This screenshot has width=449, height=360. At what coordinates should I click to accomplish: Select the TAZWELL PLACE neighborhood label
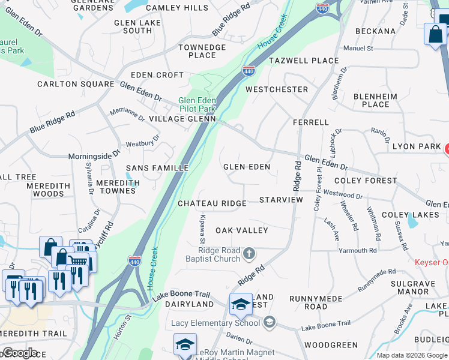304,61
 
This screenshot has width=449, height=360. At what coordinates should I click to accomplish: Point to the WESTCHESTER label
277,89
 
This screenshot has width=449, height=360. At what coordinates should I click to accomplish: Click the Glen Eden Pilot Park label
197,104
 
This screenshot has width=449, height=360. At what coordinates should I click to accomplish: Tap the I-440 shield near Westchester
249,71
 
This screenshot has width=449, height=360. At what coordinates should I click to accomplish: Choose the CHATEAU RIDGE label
212,203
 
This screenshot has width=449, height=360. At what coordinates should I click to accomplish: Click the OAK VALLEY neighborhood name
242,230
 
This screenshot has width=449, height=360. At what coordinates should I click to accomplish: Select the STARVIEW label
281,199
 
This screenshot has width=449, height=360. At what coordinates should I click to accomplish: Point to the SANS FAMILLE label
157,168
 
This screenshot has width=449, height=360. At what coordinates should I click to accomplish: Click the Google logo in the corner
20,353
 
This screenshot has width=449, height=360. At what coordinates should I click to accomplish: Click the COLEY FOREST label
366,180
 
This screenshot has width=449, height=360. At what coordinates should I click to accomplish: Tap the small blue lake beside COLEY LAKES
412,221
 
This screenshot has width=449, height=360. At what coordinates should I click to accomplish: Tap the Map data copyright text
412,355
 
